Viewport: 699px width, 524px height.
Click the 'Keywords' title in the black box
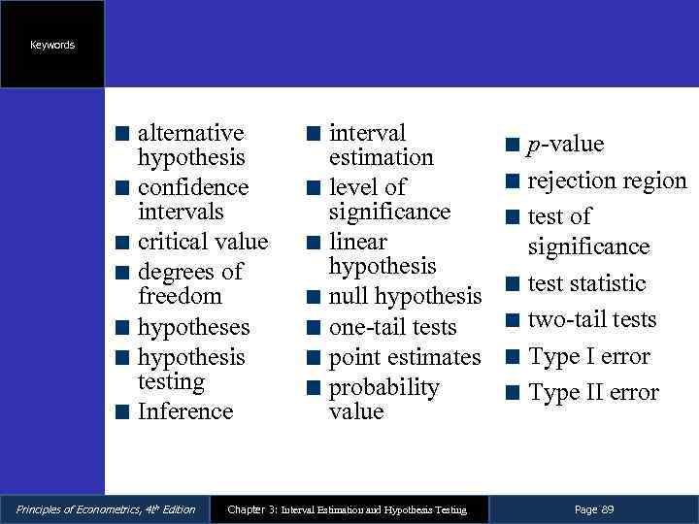pos(52,46)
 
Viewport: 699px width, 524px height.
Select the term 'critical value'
pos(202,241)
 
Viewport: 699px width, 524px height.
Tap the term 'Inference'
pos(185,411)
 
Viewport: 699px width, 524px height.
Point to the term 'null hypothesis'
pos(405,296)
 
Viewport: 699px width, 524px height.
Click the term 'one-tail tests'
pos(392,327)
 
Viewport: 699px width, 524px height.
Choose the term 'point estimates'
pos(405,357)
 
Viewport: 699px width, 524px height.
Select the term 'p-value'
pos(565,145)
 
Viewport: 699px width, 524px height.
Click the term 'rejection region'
pos(607,180)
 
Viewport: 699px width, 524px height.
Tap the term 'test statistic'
pos(586,283)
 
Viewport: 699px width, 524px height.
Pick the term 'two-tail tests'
pos(592,319)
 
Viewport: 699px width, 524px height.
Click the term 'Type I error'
pos(589,356)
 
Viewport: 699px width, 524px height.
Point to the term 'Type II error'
pos(593,393)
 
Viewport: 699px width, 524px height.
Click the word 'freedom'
pos(180,296)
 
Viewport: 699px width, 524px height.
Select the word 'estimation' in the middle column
pos(381,157)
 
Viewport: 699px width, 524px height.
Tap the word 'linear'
pos(357,242)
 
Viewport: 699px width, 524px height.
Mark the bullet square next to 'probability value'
pos(313,388)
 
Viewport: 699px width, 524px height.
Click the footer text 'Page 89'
pos(593,509)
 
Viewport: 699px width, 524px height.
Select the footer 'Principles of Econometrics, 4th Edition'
pos(100,509)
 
